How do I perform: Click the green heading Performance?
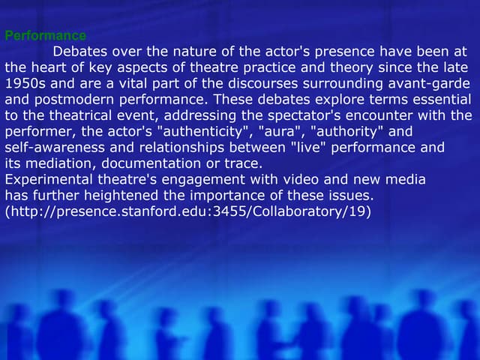click(45, 35)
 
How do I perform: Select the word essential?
click(443, 100)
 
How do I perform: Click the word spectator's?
click(328, 116)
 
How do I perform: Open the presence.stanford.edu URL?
click(187, 212)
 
